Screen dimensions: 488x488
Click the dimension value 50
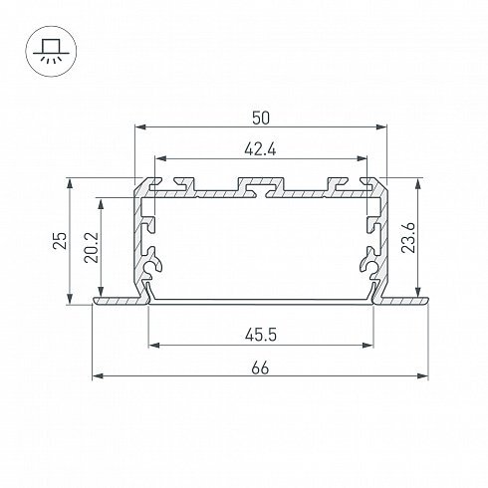261,119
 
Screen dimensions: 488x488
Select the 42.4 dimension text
260,150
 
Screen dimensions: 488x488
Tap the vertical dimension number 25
61,240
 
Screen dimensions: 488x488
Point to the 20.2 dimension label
91,248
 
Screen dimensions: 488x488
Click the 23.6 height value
408,238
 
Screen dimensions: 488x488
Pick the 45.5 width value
261,335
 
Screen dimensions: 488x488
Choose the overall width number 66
260,368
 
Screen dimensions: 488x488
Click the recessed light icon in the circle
51,51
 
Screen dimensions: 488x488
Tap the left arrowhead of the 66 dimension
98,375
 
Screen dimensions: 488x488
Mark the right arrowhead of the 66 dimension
422,375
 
